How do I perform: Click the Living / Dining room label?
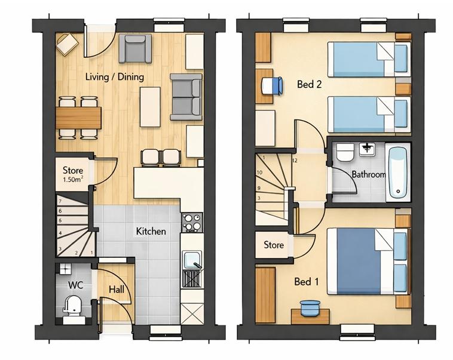click(x=115, y=77)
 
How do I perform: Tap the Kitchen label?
click(x=151, y=231)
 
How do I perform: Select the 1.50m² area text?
click(x=73, y=179)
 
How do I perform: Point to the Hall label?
click(x=117, y=289)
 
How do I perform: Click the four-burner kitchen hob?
click(x=192, y=222)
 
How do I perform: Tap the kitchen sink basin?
click(x=192, y=260)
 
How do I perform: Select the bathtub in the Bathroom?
click(x=398, y=173)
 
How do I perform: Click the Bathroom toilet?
click(x=345, y=152)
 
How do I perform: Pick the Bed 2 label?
click(x=309, y=84)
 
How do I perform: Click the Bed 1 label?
click(x=307, y=281)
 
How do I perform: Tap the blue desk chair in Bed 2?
click(x=272, y=85)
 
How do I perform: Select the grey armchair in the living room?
click(x=135, y=48)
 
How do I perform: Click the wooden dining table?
click(x=78, y=118)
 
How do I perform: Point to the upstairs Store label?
click(x=274, y=245)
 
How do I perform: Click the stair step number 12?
click(x=295, y=161)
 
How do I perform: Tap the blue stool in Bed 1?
click(x=310, y=308)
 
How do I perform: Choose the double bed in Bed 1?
click(x=368, y=261)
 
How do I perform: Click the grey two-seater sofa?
click(x=186, y=97)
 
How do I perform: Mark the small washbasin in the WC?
click(x=66, y=269)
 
